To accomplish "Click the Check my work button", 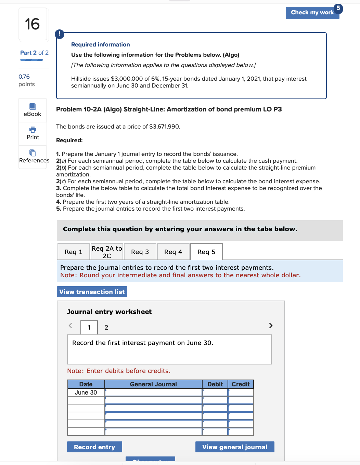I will [x=312, y=13].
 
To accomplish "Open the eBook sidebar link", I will [x=33, y=110].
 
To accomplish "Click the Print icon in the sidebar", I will [x=33, y=130].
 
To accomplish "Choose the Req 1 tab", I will [x=74, y=252].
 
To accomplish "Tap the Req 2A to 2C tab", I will [x=107, y=252].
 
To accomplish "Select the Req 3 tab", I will [x=140, y=252].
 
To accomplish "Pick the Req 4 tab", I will [x=173, y=252].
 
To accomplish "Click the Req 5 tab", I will [x=206, y=252].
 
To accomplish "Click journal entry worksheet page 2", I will [x=106, y=328].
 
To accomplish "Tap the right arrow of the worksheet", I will [x=271, y=325].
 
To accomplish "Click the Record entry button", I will [x=94, y=447].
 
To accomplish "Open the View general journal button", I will [x=235, y=447].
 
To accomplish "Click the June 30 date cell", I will [x=86, y=393].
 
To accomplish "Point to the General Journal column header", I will [x=153, y=384].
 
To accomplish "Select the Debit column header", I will [x=215, y=384].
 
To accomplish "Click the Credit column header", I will [x=241, y=384].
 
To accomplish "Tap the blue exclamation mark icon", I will [x=60, y=34].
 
